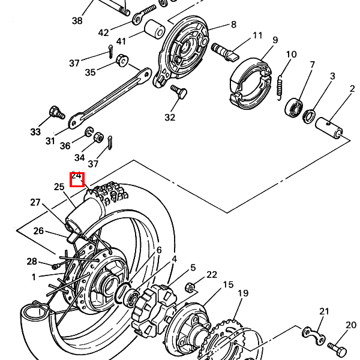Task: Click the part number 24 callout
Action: tap(76, 176)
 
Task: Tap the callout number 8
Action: tap(234, 25)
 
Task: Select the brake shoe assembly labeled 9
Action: tap(250, 83)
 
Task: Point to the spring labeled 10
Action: tap(280, 88)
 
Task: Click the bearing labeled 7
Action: tap(293, 108)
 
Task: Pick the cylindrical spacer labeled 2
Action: tap(329, 128)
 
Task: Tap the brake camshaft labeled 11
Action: tap(225, 52)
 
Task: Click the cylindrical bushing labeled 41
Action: tap(155, 29)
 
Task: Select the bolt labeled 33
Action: tap(57, 113)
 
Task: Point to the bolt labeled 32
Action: tap(179, 92)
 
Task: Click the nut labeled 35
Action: tap(122, 61)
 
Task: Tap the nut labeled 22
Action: tap(190, 287)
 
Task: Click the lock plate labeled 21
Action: tap(314, 335)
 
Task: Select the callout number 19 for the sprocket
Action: tap(243, 293)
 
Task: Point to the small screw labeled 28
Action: tap(56, 266)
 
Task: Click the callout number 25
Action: tap(59, 187)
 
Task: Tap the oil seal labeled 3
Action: tap(309, 116)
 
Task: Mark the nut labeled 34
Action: tap(98, 137)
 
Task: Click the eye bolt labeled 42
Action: tap(144, 14)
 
